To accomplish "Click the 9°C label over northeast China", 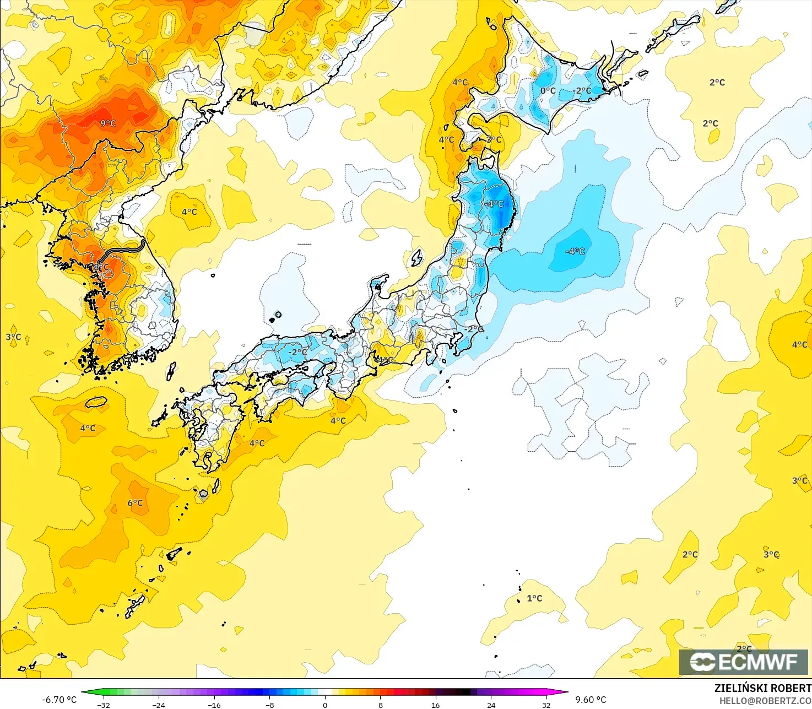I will [108, 123].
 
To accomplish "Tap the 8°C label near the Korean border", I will [101, 268].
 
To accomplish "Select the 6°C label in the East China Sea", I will [135, 502].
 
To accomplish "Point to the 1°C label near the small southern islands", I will [534, 598].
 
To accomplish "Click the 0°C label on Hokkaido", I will [548, 90].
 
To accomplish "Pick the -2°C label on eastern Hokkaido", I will [582, 90].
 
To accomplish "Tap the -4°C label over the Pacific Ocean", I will [575, 251].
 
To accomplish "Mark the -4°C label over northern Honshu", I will [494, 203].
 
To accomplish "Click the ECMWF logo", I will [743, 662].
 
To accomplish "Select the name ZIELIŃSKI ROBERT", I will [762, 688].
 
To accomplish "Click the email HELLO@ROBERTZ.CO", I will [765, 700].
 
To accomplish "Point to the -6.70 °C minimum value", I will [59, 700].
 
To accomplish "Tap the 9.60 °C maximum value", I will [591, 700].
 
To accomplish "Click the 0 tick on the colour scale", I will [325, 705].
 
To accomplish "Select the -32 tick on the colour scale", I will [104, 705].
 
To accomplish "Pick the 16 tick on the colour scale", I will [435, 705].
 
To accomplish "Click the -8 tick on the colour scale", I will [269, 705].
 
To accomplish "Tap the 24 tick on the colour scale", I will [491, 705].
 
